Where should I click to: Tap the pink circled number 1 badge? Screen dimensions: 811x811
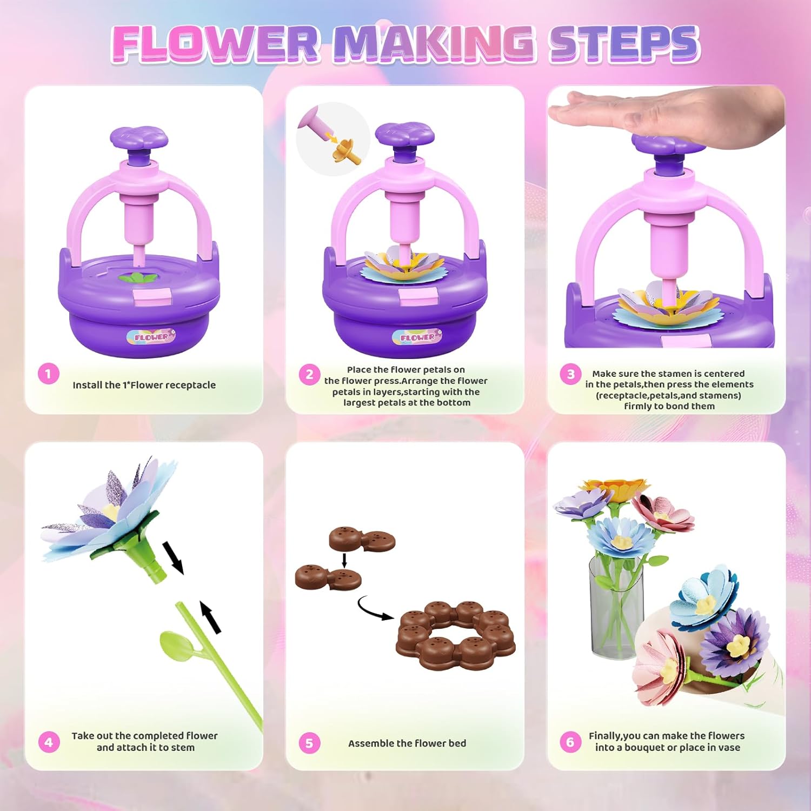point(48,374)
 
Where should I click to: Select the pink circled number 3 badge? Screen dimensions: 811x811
point(570,374)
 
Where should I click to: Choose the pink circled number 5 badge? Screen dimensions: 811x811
point(309,743)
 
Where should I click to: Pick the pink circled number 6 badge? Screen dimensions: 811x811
point(570,742)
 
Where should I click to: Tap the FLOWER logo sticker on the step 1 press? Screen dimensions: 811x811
point(151,337)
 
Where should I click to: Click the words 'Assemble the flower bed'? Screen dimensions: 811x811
point(407,743)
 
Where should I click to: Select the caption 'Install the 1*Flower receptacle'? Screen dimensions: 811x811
point(144,385)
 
